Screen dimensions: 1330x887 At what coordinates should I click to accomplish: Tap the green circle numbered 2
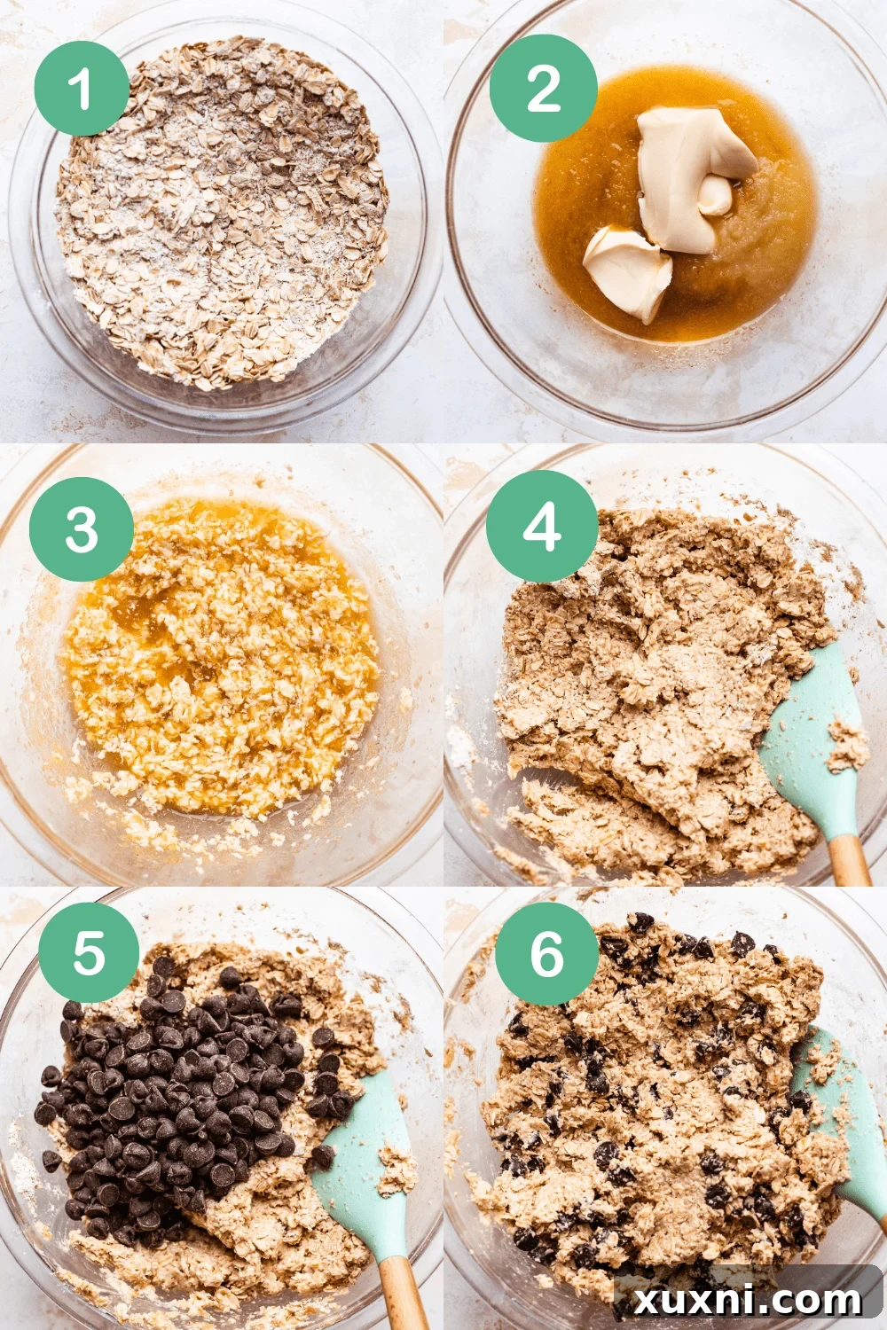[543, 88]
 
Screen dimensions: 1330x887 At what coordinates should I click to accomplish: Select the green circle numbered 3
[81, 529]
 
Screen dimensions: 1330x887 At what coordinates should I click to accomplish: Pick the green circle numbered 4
[542, 527]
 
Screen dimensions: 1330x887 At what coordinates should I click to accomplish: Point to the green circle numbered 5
[89, 952]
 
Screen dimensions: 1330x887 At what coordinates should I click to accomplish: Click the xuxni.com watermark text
[750, 1300]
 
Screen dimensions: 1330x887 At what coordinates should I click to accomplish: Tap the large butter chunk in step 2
[687, 173]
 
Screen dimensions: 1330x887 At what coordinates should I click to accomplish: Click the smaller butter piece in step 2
[628, 270]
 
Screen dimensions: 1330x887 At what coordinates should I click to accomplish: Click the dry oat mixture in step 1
[222, 213]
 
